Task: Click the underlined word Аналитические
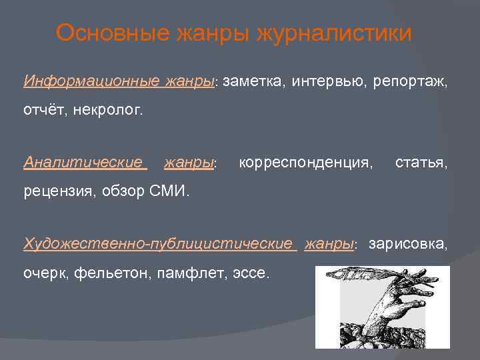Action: tap(83, 162)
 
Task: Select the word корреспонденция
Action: tap(305, 162)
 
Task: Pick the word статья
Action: tap(421, 162)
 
